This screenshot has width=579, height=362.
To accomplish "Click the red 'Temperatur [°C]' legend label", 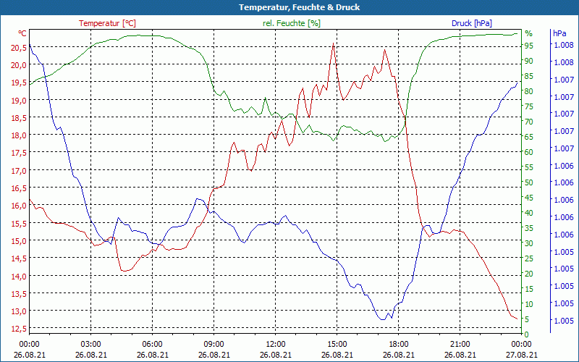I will [x=107, y=23].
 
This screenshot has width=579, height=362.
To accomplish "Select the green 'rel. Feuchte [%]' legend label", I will [x=292, y=23].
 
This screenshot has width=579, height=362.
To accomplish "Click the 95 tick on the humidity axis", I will [x=529, y=46].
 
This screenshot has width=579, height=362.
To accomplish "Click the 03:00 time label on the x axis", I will [x=90, y=344].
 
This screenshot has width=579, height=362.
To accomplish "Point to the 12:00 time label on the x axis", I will [x=276, y=344].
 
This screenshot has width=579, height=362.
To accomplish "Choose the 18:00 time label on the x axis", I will [x=399, y=344].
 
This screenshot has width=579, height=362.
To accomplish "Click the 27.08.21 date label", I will [x=522, y=355].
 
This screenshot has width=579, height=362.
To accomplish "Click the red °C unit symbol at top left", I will [x=22, y=33].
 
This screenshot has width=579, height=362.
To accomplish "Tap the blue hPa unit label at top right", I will [x=559, y=33].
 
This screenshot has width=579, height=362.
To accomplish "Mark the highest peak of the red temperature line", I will [x=334, y=43].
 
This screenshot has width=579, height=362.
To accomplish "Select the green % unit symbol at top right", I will [x=528, y=33].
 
